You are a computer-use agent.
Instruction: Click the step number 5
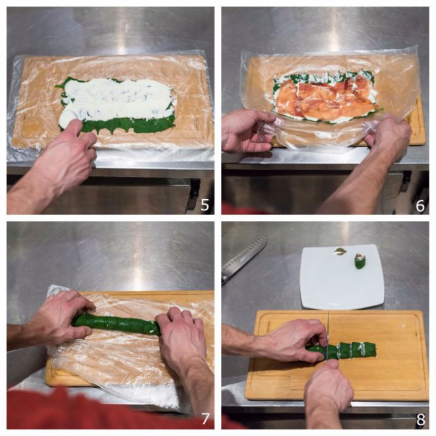click(205, 205)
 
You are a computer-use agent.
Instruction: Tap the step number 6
click(420, 206)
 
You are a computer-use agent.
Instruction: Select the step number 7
click(205, 420)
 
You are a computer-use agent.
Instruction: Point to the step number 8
click(420, 420)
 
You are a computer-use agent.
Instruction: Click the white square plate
click(342, 277)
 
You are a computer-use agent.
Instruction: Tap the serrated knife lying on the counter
click(243, 259)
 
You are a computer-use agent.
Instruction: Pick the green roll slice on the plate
click(359, 262)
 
